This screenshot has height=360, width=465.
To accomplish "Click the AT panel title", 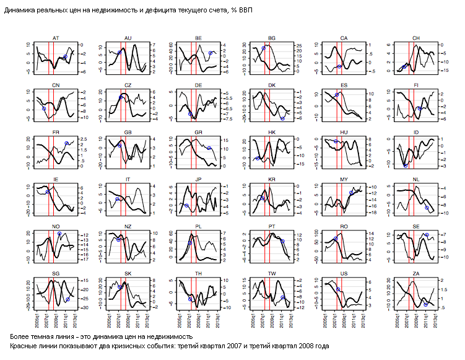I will pos(56,38).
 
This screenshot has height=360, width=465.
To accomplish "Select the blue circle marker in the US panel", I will pos(338,289).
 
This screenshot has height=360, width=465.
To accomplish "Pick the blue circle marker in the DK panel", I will pos(282,118).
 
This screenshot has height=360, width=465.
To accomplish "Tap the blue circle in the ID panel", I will pos(406,165).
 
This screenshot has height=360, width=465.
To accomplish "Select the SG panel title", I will pos(56,274).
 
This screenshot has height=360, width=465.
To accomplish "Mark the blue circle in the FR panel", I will pos(66,143).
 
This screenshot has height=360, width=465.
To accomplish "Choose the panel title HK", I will pos(272,133).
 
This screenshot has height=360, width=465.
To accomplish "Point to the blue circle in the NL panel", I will pos(427,208).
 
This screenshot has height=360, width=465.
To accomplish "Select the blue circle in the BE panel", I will pos(211,53).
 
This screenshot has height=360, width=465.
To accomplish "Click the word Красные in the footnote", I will pos(24,346).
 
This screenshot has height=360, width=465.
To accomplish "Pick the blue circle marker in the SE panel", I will pos(427,235).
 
